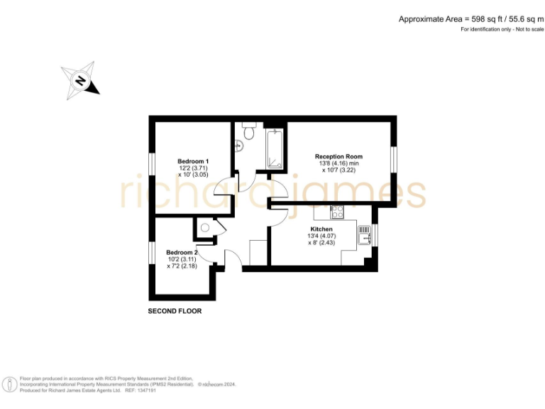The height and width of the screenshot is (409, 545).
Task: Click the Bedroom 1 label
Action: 193,161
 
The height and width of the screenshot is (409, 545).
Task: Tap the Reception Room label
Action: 338,156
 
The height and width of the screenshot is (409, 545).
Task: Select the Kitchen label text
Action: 321,229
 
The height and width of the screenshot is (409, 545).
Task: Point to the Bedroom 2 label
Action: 182,252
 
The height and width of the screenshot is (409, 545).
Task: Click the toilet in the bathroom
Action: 248,132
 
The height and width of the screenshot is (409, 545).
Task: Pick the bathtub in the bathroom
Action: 275,150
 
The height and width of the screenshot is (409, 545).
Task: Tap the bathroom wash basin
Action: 240,147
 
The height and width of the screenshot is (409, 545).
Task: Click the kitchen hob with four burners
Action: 336,211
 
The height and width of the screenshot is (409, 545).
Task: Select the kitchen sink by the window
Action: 365,234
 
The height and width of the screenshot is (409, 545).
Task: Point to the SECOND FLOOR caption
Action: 175,312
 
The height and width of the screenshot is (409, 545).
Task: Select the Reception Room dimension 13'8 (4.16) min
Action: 339,163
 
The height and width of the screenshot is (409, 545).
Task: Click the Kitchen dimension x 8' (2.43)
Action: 321,243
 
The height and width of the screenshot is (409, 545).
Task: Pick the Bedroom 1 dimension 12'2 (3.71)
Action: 193,168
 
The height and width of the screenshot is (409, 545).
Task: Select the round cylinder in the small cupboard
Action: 204,228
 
